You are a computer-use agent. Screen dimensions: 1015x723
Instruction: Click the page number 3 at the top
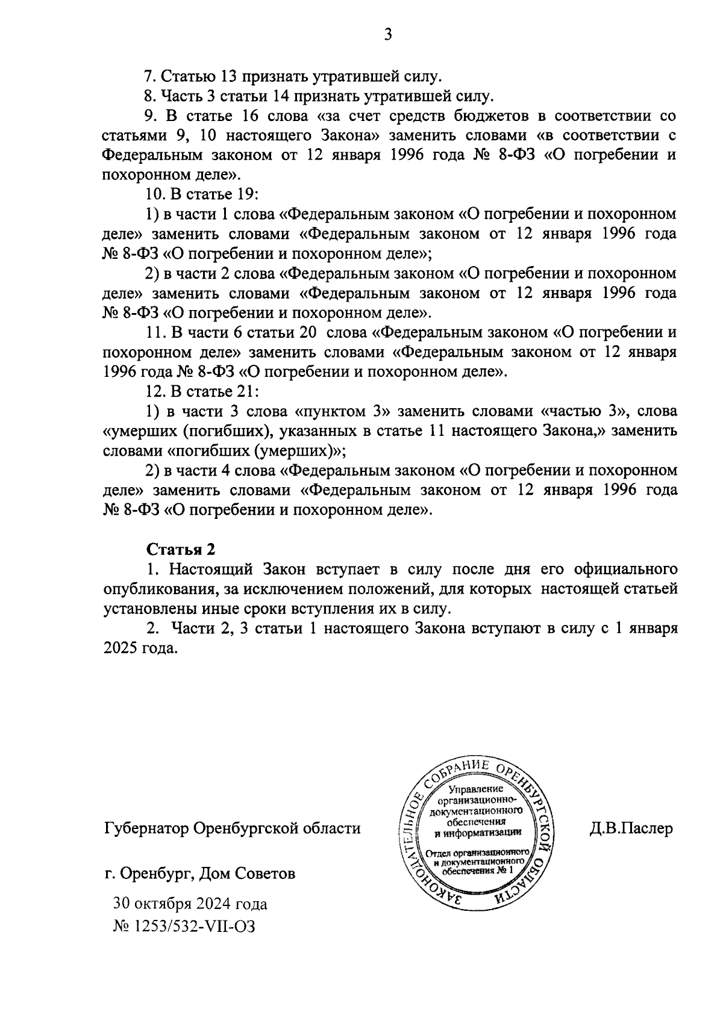[388, 35]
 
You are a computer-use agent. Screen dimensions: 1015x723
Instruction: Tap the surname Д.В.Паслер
[631, 828]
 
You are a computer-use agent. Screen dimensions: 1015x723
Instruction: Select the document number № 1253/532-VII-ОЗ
[184, 926]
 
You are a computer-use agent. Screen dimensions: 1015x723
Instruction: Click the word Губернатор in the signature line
[144, 828]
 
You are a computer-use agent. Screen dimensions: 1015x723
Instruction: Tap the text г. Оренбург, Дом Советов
[199, 873]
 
